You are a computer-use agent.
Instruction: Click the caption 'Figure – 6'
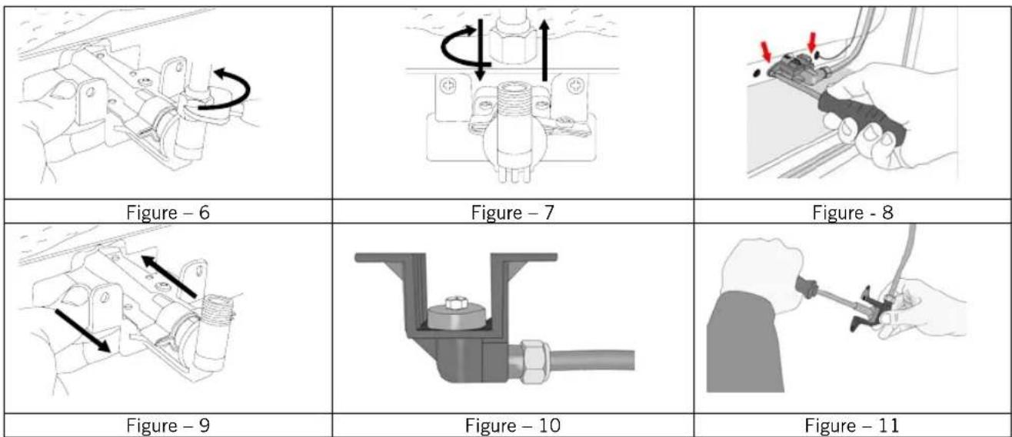(x=168, y=213)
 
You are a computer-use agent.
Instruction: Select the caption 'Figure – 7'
(x=512, y=213)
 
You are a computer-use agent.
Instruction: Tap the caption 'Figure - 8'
(x=853, y=213)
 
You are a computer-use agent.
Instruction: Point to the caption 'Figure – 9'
(x=168, y=425)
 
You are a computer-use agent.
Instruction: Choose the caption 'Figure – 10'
(x=513, y=425)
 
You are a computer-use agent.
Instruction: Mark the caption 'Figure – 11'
(x=852, y=425)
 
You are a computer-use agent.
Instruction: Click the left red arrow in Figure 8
(x=767, y=51)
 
